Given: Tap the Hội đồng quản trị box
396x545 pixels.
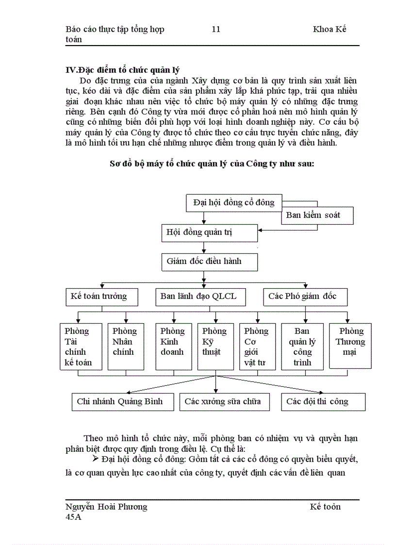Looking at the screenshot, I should coord(209,233).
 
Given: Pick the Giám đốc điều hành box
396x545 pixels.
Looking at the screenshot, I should coord(209,262).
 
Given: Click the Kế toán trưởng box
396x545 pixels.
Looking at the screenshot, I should coord(102,297).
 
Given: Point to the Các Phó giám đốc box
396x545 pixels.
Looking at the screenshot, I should coord(305,297).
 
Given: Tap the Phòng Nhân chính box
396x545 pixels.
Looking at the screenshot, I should coord(126,346).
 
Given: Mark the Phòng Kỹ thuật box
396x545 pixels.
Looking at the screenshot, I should coord(215,346).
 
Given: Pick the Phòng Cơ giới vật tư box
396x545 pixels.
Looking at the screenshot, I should coord(257,346).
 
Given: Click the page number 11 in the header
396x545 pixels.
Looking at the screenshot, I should coord(216,29).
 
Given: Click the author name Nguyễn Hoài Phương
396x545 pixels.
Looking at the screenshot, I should coord(106,507).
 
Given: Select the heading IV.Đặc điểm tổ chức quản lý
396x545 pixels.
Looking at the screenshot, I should coord(122,70).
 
